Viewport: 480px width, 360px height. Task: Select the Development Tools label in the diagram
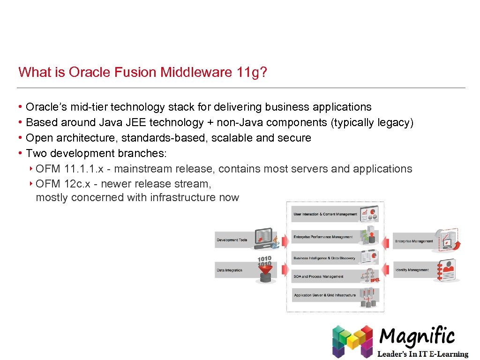[x=232, y=240]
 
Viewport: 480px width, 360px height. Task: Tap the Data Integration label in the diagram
[x=230, y=270]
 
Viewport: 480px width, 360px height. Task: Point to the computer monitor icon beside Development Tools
[x=263, y=237]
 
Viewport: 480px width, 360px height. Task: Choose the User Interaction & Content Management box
[x=325, y=214]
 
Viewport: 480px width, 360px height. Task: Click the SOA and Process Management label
[x=318, y=277]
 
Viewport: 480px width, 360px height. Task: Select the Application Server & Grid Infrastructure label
[x=324, y=295]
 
